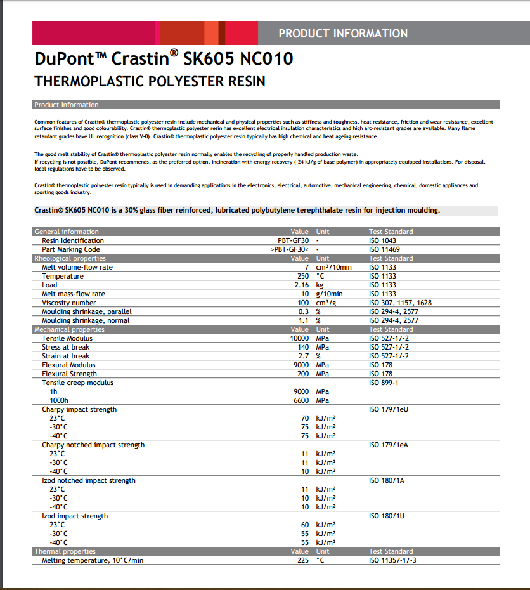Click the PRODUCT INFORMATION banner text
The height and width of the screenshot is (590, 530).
pos(343,34)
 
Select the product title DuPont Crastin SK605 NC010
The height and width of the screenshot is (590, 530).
pos(164,60)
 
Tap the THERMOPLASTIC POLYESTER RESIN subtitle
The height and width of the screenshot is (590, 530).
pos(150,82)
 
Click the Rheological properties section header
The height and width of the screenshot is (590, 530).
pos(70,258)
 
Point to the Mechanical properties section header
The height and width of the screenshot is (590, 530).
pos(69,329)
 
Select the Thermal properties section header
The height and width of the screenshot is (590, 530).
pos(65,551)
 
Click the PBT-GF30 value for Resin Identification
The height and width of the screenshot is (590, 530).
pos(293,240)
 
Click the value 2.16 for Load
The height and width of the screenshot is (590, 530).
pos(299,285)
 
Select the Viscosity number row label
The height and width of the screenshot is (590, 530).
pos(70,303)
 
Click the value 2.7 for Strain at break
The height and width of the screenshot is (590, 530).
pos(303,356)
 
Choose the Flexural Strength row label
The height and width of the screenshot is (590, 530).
pos(69,374)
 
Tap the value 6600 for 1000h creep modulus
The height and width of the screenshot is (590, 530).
pos(299,400)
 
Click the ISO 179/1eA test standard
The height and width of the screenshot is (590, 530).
pos(388,445)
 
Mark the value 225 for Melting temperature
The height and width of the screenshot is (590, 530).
pos(302,560)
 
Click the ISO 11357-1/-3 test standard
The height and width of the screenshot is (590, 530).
pos(392,560)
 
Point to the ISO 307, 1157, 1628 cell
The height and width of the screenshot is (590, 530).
pos(399,303)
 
